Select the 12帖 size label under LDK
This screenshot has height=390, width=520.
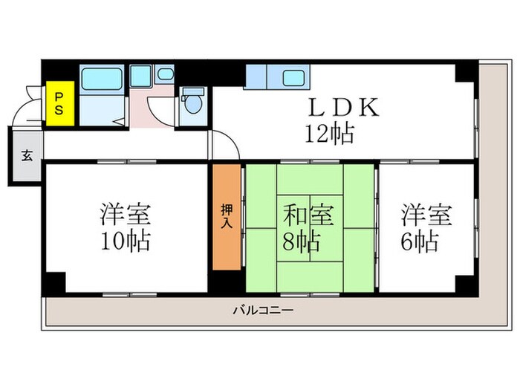[x=328, y=134]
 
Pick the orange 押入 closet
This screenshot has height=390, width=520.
[x=227, y=216]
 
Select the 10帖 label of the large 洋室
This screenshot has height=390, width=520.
[x=126, y=241]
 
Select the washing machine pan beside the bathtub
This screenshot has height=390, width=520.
[x=140, y=76]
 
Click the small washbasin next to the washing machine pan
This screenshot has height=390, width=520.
[x=165, y=74]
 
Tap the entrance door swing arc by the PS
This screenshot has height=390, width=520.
[x=28, y=111]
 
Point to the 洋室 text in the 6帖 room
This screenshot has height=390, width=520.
[x=426, y=215]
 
